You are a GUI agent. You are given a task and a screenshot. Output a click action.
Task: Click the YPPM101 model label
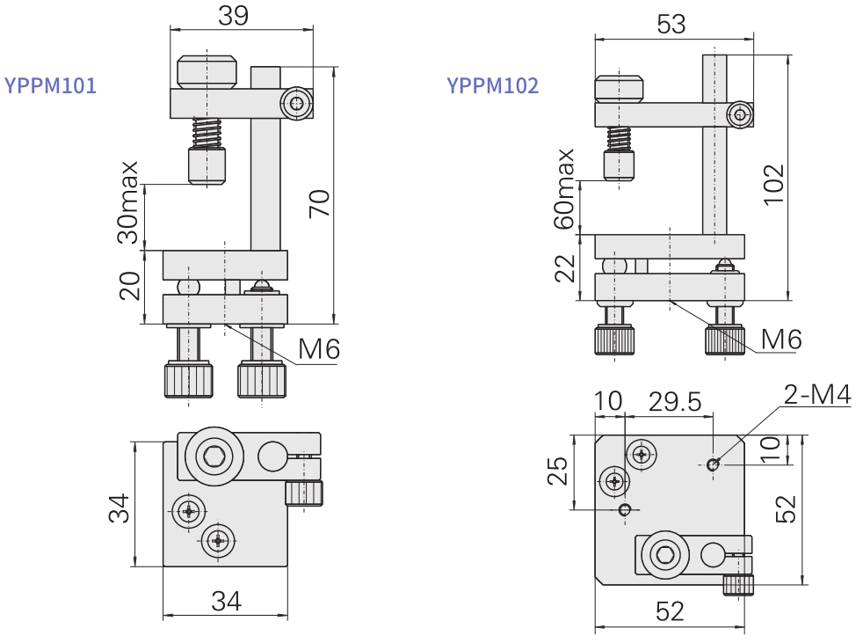[50, 86]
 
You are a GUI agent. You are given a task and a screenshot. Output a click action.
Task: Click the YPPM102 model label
[492, 86]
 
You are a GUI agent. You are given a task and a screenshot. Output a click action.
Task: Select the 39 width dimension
[232, 15]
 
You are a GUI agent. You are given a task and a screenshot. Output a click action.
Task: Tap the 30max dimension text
[129, 202]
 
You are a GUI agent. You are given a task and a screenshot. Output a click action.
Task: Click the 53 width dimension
[671, 24]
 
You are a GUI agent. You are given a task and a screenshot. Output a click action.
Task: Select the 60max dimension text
[565, 188]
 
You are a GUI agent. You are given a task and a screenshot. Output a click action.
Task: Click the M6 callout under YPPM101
[319, 350]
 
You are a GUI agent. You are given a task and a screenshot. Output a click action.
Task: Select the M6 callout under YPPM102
[781, 339]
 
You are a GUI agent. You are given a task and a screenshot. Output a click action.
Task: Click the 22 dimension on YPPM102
[565, 267]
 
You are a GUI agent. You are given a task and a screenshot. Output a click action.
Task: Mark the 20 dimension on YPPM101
[129, 287]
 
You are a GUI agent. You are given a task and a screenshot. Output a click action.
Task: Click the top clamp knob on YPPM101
[207, 73]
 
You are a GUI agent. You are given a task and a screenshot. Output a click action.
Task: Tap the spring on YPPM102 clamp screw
[620, 138]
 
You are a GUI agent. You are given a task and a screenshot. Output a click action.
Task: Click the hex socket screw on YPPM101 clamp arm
[297, 104]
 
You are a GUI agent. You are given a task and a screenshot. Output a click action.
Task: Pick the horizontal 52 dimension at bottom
[670, 610]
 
